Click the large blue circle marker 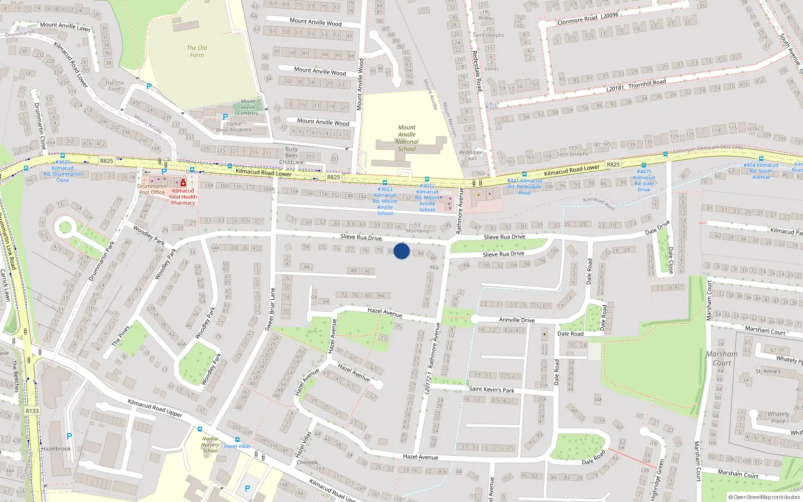[x=401, y=251]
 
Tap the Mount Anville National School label [x=407, y=138]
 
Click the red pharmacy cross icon [x=183, y=183]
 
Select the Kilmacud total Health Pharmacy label [x=183, y=197]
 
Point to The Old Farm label [x=197, y=51]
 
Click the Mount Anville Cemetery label [x=248, y=107]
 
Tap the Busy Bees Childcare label [x=291, y=156]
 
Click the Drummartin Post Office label [x=152, y=189]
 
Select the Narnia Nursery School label [x=210, y=445]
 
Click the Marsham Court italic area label [x=722, y=358]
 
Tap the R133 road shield [x=32, y=411]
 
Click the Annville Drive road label [x=516, y=320]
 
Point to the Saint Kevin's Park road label [x=491, y=389]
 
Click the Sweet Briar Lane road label [x=270, y=309]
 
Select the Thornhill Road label [x=647, y=82]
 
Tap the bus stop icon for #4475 [x=643, y=165]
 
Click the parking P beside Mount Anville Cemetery [x=225, y=117]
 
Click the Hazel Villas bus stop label [x=237, y=446]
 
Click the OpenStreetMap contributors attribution [x=764, y=497]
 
